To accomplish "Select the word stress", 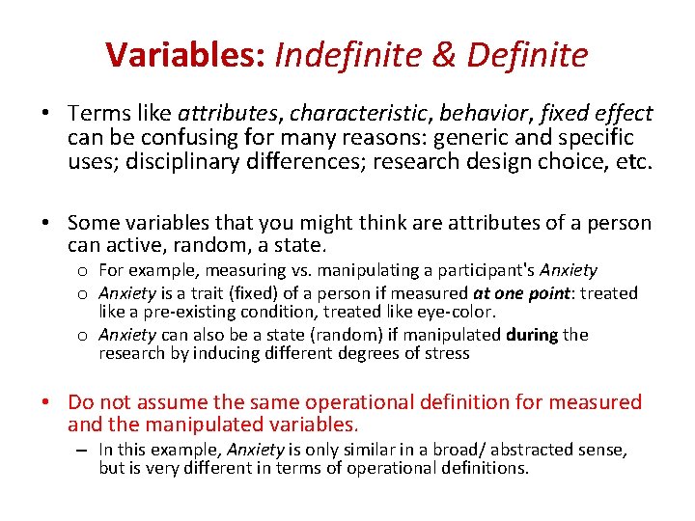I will pos(448,353).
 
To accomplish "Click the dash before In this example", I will pos(84,450).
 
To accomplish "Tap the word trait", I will pos(199,292).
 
